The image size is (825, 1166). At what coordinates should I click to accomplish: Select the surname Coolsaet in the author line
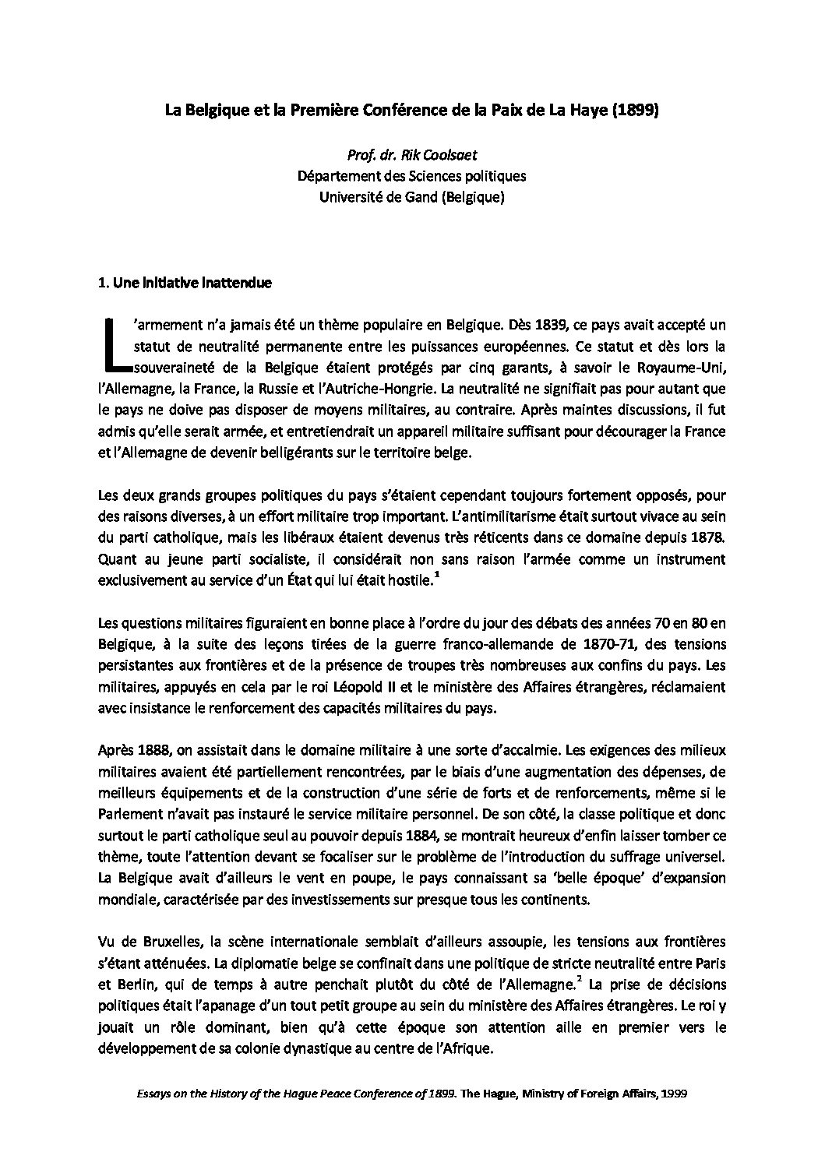click(484, 156)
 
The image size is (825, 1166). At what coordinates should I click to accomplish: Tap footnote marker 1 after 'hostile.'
click(437, 574)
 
